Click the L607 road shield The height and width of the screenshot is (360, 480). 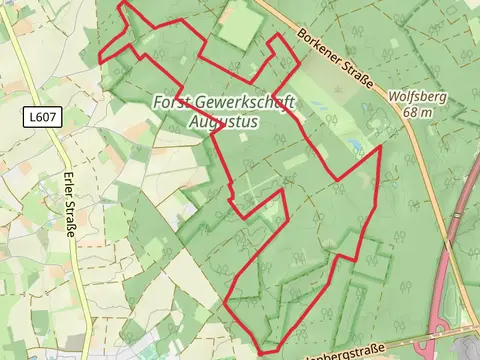tap(43, 117)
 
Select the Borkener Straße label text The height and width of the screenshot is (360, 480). tap(334, 58)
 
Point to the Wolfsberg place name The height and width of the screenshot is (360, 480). tap(418, 98)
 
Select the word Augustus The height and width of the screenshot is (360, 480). tap(223, 122)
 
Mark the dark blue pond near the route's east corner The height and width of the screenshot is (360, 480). tap(356, 147)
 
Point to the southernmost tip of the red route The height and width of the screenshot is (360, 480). tap(262, 352)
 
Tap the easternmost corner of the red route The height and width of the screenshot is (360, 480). tap(381, 147)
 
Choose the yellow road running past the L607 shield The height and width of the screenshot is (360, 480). tap(62, 150)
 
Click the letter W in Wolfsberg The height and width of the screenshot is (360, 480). tap(394, 98)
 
